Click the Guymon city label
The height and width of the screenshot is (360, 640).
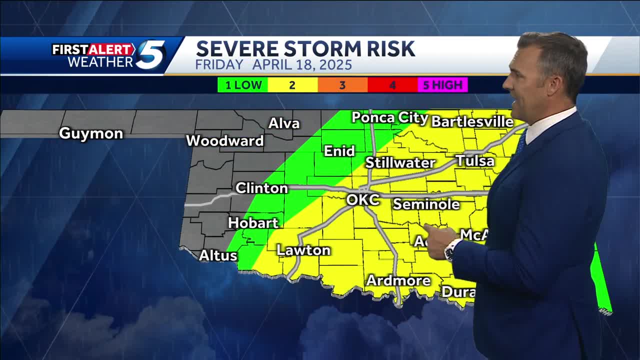(x=91, y=133)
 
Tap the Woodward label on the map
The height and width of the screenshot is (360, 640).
(x=225, y=141)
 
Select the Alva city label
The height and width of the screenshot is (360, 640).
(x=284, y=123)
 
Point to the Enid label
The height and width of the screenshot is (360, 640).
(x=339, y=151)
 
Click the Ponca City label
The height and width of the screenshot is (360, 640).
(x=390, y=118)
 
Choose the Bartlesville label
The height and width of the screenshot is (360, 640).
(x=472, y=121)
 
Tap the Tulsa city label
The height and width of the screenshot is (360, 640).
(x=475, y=161)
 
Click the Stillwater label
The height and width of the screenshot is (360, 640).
(x=400, y=162)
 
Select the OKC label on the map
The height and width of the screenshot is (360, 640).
(x=363, y=200)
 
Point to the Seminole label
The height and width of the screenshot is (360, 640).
(x=426, y=204)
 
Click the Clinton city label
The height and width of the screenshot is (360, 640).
(x=261, y=188)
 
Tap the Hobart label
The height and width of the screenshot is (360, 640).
(x=253, y=222)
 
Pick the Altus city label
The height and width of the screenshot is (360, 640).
(x=218, y=255)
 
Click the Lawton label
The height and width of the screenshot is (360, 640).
(x=303, y=250)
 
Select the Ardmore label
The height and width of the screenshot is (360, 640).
(x=398, y=280)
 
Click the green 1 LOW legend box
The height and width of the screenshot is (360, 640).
(x=243, y=85)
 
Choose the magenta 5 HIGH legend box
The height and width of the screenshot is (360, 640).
(x=442, y=85)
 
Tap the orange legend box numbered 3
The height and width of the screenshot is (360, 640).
(x=342, y=85)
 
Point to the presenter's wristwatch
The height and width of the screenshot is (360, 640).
(x=451, y=249)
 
